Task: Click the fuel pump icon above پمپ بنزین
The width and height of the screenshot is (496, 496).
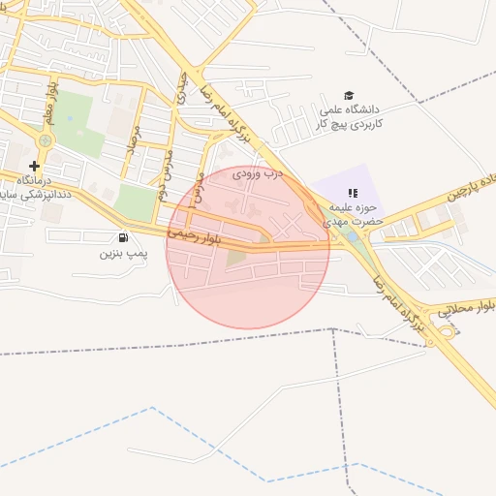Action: tap(122, 237)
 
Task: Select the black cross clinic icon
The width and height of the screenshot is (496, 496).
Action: tap(35, 167)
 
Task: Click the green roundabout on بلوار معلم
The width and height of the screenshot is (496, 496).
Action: tap(45, 141)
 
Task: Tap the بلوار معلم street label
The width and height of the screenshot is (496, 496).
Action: tap(50, 104)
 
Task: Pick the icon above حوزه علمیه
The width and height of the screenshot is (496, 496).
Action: tap(353, 193)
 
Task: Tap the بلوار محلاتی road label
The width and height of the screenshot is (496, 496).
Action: tap(465, 309)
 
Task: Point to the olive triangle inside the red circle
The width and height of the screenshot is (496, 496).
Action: tap(237, 257)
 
